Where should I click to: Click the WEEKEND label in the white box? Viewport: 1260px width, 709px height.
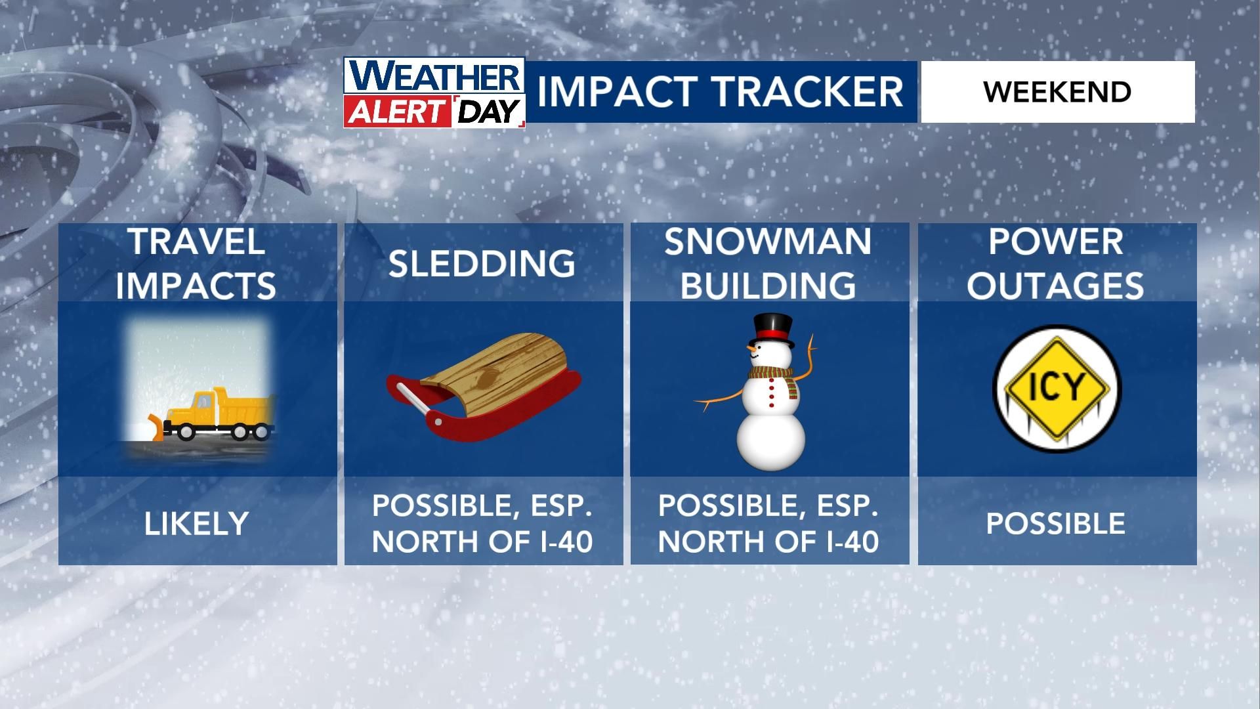tap(1057, 92)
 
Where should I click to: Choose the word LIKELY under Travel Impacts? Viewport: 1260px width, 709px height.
tap(196, 524)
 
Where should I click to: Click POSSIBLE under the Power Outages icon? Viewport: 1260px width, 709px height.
tap(1055, 524)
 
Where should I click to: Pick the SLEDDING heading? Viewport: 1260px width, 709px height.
tap(482, 264)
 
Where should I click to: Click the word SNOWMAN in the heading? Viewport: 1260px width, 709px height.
tap(768, 242)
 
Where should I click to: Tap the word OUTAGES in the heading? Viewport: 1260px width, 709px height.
tap(1055, 286)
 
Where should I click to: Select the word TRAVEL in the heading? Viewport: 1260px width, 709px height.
tap(196, 242)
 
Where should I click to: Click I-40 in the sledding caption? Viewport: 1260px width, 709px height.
tap(564, 542)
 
